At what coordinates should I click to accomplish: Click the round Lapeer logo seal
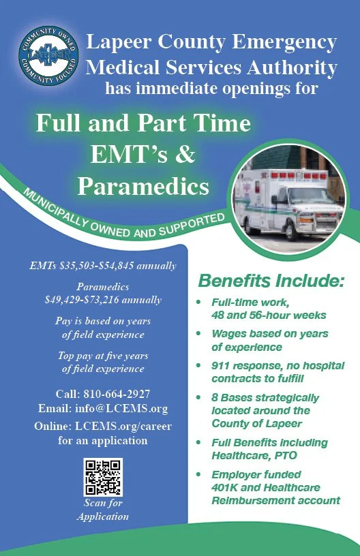48,57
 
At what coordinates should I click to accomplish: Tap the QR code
102,476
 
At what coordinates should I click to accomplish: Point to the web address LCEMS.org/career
122,427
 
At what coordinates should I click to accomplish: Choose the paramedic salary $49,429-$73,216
103,299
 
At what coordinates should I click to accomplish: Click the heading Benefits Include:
271,281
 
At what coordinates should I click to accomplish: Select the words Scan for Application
102,510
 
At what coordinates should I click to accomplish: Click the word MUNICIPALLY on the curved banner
57,207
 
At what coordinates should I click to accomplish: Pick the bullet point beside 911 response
198,366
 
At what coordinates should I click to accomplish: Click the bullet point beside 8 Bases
198,397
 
